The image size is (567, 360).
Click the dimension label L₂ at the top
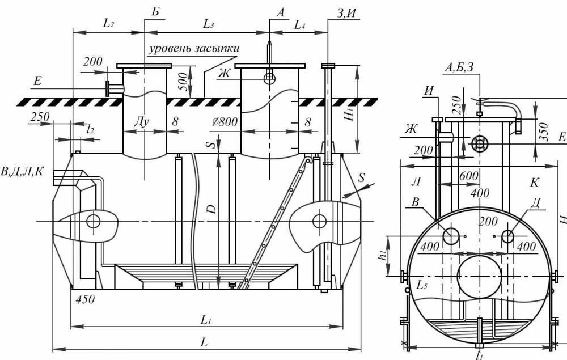[108, 23]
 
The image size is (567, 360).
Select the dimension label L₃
[208, 24]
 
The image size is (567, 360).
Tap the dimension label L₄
[299, 25]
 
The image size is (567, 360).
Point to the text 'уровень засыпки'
[194, 49]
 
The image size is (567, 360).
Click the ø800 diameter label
[225, 121]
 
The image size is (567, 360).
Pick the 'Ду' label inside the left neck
[141, 122]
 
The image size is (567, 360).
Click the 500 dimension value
[183, 82]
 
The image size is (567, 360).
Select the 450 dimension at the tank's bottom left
[86, 299]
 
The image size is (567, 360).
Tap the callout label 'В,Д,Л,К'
[22, 171]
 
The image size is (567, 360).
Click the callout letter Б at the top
[155, 11]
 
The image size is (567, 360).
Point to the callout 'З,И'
[346, 12]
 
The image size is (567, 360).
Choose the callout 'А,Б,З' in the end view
[459, 67]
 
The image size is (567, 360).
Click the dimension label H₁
[349, 115]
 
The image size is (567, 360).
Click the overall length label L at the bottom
[204, 342]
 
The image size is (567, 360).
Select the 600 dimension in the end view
[469, 176]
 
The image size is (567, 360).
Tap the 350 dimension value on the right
[544, 132]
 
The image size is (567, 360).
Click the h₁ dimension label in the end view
[382, 255]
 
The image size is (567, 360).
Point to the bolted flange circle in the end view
[480, 144]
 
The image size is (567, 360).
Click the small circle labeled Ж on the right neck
[269, 78]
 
